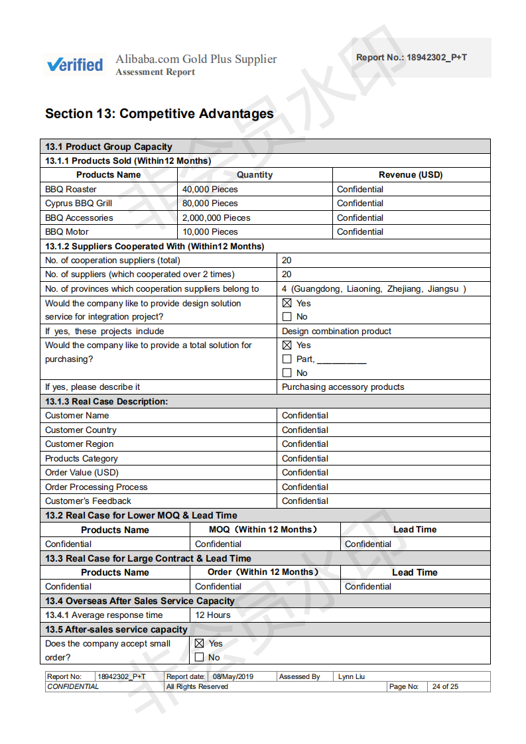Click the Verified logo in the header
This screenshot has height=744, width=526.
coord(75,64)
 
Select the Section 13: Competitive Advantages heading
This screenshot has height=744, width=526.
coord(159,113)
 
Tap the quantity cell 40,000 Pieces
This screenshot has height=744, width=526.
coord(210,189)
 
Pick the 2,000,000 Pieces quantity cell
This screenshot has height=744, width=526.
coord(216,217)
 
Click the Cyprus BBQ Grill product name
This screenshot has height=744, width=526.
coord(78,204)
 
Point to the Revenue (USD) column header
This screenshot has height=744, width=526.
coord(411,175)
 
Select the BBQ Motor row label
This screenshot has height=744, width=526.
coord(66,232)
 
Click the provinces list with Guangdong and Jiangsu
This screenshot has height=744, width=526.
coord(373,289)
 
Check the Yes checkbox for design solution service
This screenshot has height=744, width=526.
coord(287,303)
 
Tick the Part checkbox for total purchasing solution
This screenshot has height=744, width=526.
coord(287,359)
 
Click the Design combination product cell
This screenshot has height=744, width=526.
coord(336,332)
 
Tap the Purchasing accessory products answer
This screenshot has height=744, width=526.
coord(343,387)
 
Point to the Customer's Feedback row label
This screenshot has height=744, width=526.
coord(88,501)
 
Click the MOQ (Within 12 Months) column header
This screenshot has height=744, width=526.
coord(263,530)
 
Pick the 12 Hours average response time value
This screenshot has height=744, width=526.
coord(213,615)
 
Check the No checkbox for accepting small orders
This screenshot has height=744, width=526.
coord(200,657)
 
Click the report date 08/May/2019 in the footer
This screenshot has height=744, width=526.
coord(233,677)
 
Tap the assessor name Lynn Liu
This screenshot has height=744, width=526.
coord(352,677)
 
